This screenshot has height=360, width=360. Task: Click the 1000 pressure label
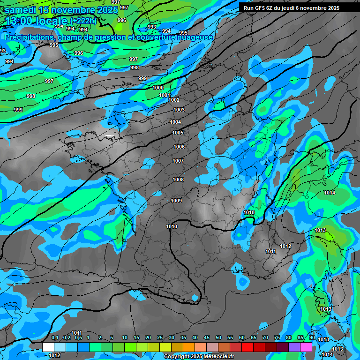pyautogui.click(x=158, y=88)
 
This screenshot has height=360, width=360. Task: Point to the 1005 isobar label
pyautogui.click(x=178, y=133)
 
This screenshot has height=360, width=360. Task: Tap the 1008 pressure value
pyautogui.click(x=178, y=180)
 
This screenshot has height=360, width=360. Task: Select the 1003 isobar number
pyautogui.click(x=179, y=110)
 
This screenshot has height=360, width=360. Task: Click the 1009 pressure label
pyautogui.click(x=176, y=201)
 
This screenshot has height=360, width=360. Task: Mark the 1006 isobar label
pyautogui.click(x=179, y=147)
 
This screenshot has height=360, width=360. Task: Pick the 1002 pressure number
pyautogui.click(x=174, y=100)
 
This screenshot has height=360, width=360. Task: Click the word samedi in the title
pyautogui.click(x=24, y=10)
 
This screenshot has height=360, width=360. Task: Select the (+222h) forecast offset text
pyautogui.click(x=83, y=21)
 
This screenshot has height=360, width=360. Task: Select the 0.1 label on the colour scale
pyautogui.click(x=55, y=338)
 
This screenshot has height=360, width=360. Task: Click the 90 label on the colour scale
pyautogui.click(x=312, y=338)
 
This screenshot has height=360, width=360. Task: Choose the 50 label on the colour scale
pyautogui.click(x=218, y=338)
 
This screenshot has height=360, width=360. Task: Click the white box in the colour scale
pyautogui.click(x=48, y=347)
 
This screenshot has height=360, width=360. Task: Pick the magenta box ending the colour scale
pyautogui.click(x=307, y=347)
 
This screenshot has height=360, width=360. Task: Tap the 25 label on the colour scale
pyautogui.click(x=160, y=338)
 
